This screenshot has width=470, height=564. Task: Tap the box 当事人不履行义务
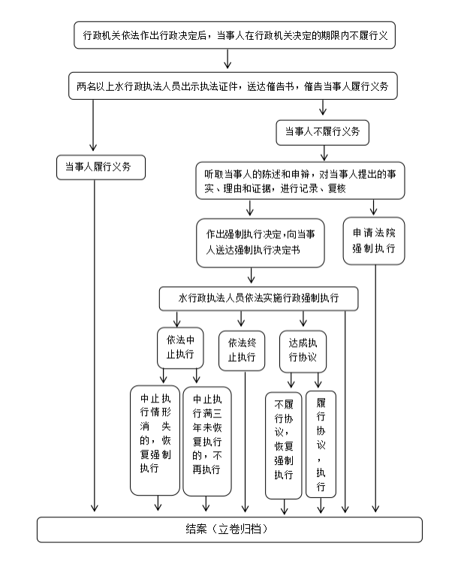pos(322,132)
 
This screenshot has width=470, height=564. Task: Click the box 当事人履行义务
pos(100,167)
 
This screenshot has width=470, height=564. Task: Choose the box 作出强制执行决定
pos(261,242)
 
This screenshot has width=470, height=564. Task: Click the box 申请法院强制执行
pos(374,240)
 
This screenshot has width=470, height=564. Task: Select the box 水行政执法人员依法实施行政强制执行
pos(258,298)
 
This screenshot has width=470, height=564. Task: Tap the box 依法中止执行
pos(179,347)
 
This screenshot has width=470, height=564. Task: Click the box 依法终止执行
pos(242,350)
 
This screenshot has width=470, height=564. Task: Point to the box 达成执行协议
pos(303,349)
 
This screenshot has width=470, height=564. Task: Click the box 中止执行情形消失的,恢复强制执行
pos(155,442)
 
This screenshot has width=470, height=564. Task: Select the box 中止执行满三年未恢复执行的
pos(206,442)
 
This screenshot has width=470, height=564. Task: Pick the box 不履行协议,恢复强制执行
pos(283,445)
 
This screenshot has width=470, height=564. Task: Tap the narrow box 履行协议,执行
pos(321,445)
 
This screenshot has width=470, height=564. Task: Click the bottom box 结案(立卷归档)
pos(229,529)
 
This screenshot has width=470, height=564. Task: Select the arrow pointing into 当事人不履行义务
pos(322,110)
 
